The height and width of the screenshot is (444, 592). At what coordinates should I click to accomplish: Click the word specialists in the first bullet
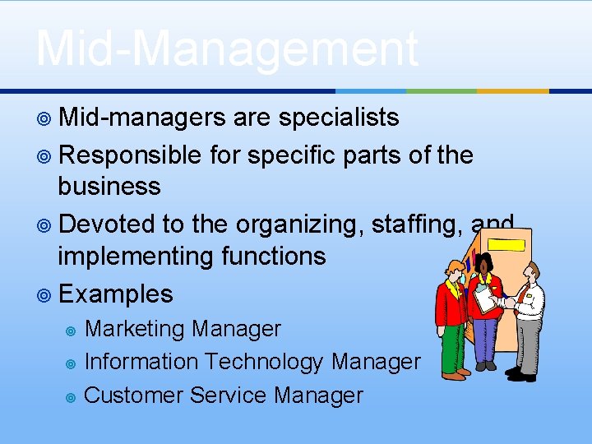click(339, 118)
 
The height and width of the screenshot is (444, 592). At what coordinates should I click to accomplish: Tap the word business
click(109, 187)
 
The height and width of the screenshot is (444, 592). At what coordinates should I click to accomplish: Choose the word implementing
click(139, 257)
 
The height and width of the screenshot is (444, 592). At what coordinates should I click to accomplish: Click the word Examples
click(116, 294)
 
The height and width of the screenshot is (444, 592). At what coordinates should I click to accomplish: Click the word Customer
click(134, 395)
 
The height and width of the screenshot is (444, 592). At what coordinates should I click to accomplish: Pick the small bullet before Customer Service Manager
click(71, 397)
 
